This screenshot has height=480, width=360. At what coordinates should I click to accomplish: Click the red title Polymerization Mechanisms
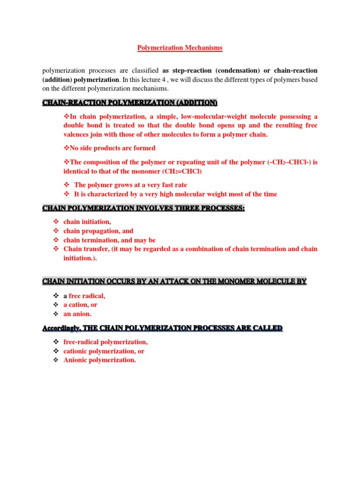click(x=180, y=48)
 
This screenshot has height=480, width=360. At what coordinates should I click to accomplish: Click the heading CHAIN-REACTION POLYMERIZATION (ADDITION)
click(x=130, y=103)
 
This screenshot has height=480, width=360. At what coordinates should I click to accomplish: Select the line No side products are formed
click(x=109, y=148)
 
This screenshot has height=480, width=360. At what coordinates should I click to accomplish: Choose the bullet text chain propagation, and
click(x=98, y=231)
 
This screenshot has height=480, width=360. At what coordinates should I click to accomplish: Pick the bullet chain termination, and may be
click(x=110, y=240)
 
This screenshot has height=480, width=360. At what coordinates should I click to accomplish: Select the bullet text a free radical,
click(x=84, y=296)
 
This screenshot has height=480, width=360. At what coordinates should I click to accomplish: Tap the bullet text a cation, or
click(x=81, y=305)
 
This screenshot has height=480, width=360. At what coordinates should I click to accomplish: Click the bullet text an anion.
click(x=78, y=314)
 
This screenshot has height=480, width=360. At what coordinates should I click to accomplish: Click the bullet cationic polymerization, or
click(x=104, y=351)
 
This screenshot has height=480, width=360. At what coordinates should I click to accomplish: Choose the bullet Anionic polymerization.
click(x=100, y=360)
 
